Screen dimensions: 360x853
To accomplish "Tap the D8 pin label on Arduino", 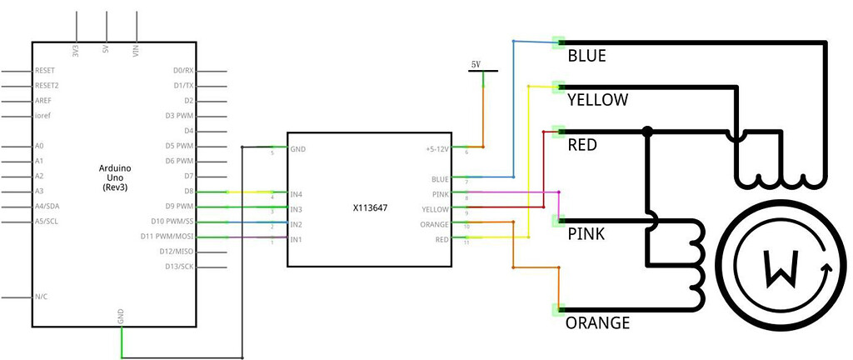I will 187,191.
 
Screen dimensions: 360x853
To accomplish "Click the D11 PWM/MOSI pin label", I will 173,237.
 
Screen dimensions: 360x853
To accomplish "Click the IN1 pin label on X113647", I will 295,240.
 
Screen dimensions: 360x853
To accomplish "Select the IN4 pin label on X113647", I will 295,193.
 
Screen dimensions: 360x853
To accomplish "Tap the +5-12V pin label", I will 436,149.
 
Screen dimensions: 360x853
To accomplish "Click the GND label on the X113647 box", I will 297,149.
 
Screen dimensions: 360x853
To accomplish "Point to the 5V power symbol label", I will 476,64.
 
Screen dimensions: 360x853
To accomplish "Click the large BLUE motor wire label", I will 586,57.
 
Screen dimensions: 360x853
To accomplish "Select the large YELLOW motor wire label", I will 596,100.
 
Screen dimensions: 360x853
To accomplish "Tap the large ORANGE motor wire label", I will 597,322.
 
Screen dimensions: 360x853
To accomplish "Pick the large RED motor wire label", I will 581,145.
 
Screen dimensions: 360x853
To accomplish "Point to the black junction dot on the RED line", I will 647,131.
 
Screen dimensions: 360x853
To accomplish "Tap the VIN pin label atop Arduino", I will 137,49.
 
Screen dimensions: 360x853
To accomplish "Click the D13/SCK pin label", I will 179,267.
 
